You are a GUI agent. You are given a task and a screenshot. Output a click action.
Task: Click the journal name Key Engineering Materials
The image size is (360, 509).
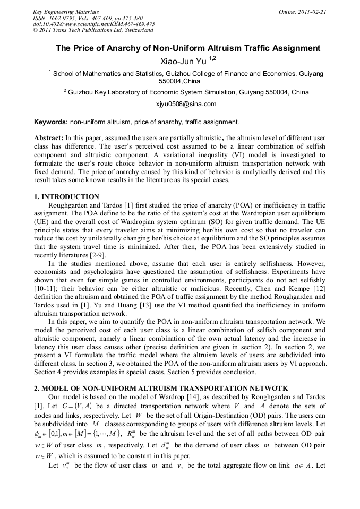66,11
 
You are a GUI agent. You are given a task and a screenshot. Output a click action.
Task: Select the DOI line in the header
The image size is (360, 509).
93,24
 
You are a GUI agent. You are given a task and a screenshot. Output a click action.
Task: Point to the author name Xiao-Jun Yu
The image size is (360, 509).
183,62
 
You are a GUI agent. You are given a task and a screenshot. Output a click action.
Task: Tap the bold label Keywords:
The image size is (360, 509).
51,122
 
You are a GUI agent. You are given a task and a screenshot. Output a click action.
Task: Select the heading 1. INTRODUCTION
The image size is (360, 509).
66,197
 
